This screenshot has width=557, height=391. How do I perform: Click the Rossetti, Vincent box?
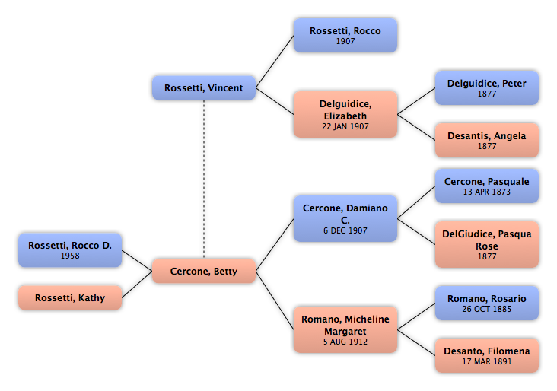pos(203,87)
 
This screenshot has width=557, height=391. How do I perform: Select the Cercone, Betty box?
pos(203,271)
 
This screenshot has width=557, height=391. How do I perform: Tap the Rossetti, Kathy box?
pos(70,297)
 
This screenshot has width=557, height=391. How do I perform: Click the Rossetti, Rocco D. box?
pos(70,250)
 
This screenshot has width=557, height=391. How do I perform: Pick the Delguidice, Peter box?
pos(487,87)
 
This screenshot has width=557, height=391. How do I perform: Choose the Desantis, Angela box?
pos(487,140)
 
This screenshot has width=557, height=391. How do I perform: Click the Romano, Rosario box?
pos(487,303)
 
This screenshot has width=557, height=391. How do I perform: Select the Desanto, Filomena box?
pos(487,355)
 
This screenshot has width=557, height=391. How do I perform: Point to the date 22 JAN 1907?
pos(345,126)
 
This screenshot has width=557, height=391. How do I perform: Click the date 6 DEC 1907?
pos(345,230)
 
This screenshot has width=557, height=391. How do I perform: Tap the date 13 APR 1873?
pos(487,192)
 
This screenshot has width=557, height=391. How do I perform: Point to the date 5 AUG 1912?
pos(345,342)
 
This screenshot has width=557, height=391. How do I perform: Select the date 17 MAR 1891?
pos(487,361)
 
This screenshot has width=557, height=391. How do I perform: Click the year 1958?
pos(70,256)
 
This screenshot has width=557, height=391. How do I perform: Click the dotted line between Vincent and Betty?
pos(204,180)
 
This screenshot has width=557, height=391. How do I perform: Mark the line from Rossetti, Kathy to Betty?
pos(137,284)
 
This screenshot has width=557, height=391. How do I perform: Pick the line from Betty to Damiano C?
pos(275,245)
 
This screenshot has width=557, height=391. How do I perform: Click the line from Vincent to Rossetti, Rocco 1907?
pos(275,62)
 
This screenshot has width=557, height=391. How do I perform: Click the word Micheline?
pos(367,319)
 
